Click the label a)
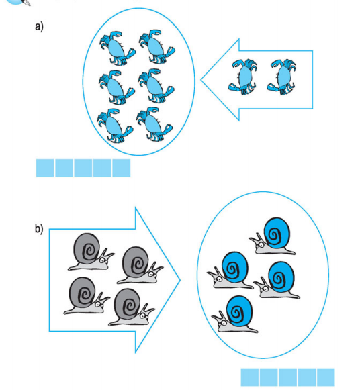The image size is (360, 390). click(39, 26)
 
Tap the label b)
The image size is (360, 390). click(39, 228)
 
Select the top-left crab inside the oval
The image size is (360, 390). click(118, 48)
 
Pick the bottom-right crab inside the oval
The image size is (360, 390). click(154, 124)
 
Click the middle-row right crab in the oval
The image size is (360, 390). click(156, 86)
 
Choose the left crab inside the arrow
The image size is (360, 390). click(242, 77)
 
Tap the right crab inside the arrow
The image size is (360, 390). click(281, 77)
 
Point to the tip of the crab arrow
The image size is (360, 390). click(201, 80)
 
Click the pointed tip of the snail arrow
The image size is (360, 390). click(181, 280)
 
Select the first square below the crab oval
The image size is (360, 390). click(45, 168)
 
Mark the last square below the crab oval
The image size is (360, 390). click(122, 168)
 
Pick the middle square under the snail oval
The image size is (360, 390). click(288, 377)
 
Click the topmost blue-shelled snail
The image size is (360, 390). click(273, 236)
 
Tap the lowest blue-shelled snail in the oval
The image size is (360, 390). click(235, 314)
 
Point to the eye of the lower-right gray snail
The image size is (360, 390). click(142, 316)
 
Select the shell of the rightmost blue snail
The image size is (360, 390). click(281, 277)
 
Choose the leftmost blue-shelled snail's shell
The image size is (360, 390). click(234, 267)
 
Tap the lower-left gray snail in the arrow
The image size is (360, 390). click(87, 296)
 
